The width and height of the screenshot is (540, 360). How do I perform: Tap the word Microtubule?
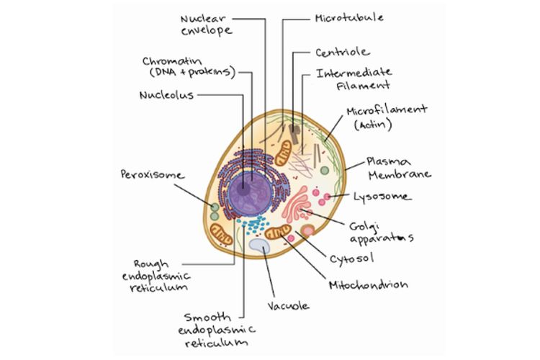[348, 17]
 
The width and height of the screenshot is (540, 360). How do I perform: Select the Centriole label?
[342, 52]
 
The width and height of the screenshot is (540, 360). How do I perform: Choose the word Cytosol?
[353, 257]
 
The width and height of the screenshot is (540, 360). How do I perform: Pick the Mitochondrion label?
[368, 284]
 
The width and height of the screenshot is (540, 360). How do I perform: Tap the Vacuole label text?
[288, 305]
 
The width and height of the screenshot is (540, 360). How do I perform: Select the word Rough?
[150, 263]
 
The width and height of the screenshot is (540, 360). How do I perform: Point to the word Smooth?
[207, 317]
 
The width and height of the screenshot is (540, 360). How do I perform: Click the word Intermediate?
[354, 72]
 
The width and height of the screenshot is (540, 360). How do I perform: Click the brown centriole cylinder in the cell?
[295, 131]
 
